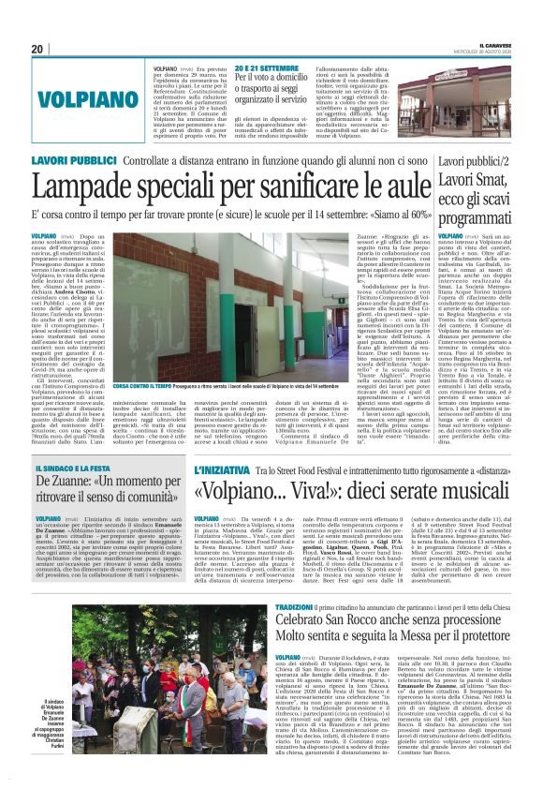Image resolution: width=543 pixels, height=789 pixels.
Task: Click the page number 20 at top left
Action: coord(37,49)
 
